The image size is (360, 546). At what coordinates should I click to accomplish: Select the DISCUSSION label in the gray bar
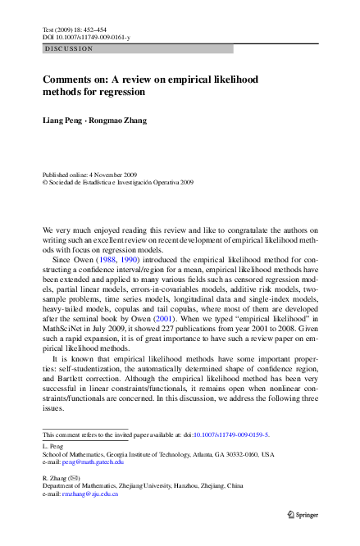point(69,49)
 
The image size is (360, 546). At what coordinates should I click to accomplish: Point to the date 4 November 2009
point(119,175)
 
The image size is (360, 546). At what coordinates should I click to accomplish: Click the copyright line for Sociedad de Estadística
point(118,183)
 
